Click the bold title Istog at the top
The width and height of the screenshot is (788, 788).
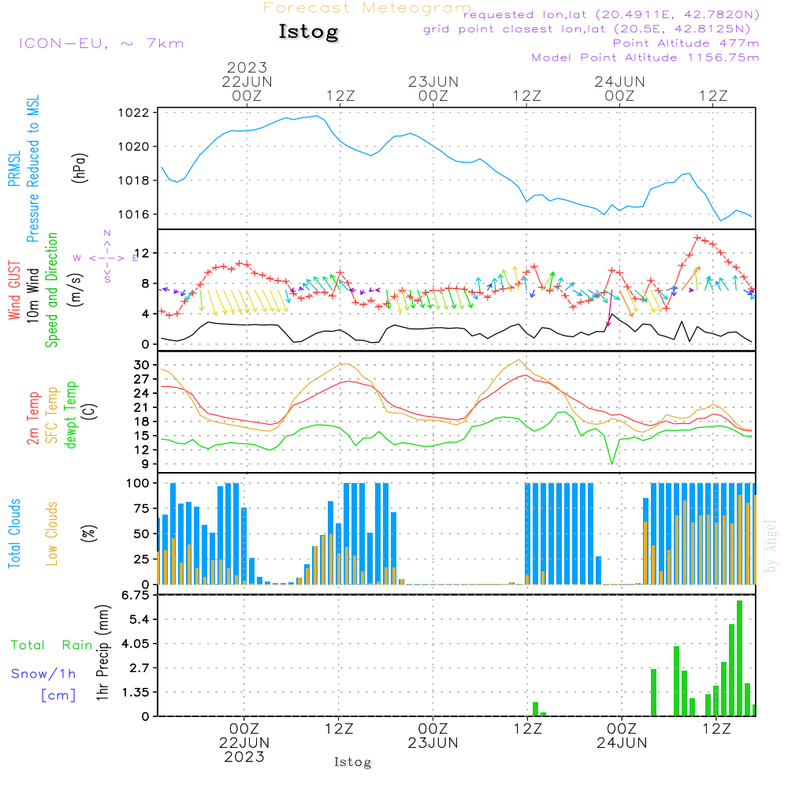tap(308, 32)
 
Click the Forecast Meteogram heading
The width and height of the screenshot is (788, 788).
tap(367, 9)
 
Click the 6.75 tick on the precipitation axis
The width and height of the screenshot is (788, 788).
tap(136, 596)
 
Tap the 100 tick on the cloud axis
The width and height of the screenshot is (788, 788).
tap(139, 483)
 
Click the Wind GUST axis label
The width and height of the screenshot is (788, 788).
tap(15, 292)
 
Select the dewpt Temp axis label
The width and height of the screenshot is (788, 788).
tap(72, 415)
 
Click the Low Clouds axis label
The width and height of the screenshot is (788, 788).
tap(53, 533)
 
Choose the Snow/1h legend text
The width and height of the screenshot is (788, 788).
tap(44, 675)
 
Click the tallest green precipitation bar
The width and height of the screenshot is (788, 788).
tap(739, 658)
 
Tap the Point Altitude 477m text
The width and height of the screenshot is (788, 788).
tap(686, 43)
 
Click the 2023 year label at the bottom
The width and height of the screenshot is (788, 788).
tap(244, 756)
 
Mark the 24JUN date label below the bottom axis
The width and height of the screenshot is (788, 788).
tap(620, 742)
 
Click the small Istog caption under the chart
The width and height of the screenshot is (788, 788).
tap(353, 763)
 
